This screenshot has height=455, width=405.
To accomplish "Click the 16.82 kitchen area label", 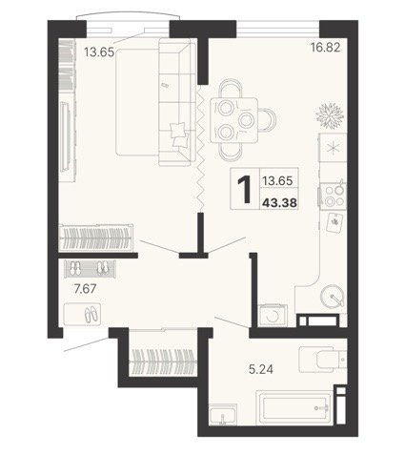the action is [326, 48].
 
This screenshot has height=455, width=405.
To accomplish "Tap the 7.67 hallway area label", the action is [85, 289].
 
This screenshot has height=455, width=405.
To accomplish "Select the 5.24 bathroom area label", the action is [261, 369].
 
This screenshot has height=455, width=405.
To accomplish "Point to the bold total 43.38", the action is [279, 202].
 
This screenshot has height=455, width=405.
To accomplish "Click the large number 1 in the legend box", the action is [245, 190].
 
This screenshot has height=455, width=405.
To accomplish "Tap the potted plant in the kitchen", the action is [330, 114].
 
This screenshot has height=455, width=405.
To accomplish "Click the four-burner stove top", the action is [334, 195].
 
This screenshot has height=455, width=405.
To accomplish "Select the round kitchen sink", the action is [333, 295].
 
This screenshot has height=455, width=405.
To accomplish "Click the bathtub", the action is [294, 407].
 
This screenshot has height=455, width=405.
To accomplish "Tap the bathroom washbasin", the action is [223, 415].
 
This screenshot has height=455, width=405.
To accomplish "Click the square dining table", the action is [233, 120].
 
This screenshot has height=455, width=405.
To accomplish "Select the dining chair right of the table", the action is [267, 120].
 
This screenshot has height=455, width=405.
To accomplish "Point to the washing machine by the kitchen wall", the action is [273, 316].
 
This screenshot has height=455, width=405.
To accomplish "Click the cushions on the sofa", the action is [179, 134].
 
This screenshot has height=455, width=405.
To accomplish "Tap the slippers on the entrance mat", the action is [91, 314].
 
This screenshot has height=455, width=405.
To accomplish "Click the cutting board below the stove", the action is [334, 222].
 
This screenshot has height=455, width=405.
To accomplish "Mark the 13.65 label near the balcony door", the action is [99, 52].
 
